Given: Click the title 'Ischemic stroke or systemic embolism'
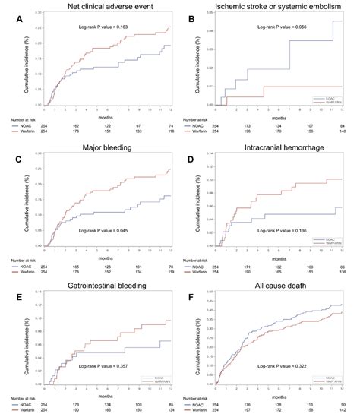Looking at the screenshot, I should click(x=277, y=7).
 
